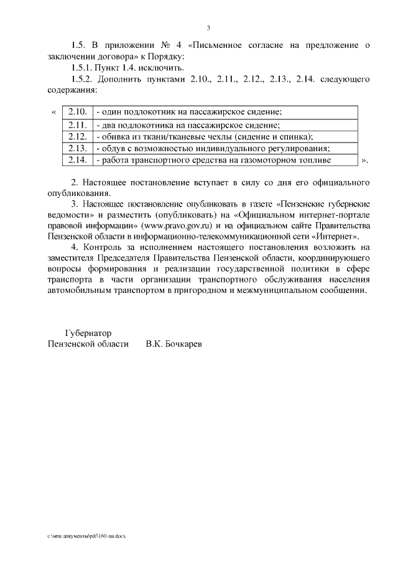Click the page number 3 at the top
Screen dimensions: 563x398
click(208, 27)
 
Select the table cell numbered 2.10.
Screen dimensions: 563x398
click(76, 112)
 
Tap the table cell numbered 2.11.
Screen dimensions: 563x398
click(76, 124)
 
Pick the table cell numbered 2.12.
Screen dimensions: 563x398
click(76, 136)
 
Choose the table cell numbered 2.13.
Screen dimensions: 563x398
click(76, 148)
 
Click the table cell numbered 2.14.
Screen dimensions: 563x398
click(76, 160)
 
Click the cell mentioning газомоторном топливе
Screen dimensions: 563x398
click(211, 160)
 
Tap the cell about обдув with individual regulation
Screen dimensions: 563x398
click(212, 148)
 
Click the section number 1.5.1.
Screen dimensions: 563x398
click(83, 67)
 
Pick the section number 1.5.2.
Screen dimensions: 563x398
click(83, 79)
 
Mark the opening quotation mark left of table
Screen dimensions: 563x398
click(53, 112)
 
